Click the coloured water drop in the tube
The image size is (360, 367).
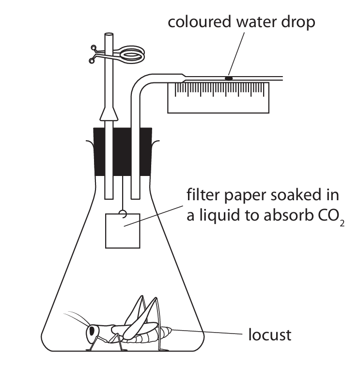point(228,77)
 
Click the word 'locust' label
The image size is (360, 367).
point(269,334)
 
